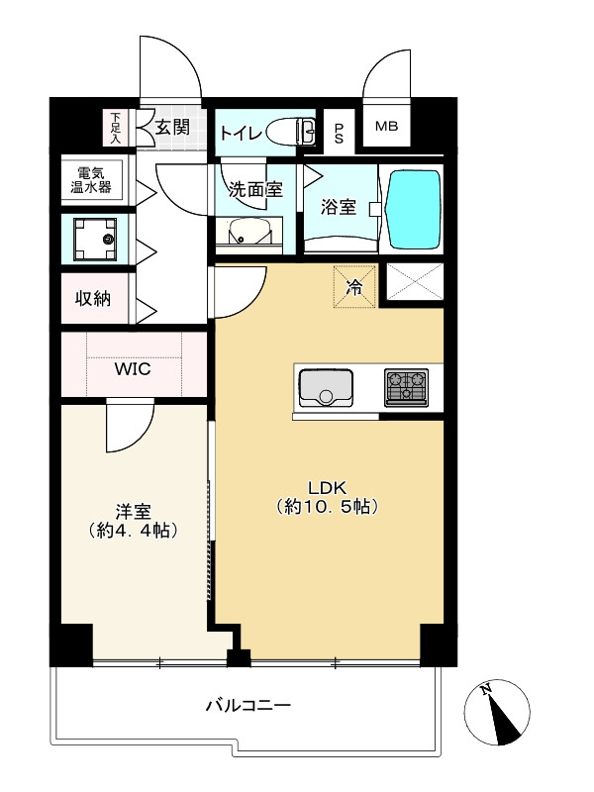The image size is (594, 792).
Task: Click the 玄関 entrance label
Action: pos(172,128)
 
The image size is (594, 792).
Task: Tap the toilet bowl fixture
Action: pos(290,133)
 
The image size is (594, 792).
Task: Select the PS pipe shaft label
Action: pos(339,133)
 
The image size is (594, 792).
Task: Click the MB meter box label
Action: pos(386,127)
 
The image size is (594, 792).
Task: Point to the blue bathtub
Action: pos(413,209)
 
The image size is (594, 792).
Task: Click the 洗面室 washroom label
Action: pos(255,189)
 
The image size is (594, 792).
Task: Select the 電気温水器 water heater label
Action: pos(91,180)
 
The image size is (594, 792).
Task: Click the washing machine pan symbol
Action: pos(95,239)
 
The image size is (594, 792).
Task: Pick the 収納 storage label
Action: pos(93,299)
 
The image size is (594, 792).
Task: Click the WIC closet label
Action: pos(133,368)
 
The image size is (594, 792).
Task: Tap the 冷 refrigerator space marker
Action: pos(354,286)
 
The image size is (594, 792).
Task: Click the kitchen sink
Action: pos(326,387)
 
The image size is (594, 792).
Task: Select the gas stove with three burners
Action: pos(406,387)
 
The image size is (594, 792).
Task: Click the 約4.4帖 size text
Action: pos(133,531)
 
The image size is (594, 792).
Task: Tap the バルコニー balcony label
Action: pos(248,705)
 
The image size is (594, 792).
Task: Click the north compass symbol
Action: pos(497,712)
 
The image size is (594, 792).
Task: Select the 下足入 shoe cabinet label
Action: pos(116,128)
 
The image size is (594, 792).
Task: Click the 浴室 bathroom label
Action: pos(339,207)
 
